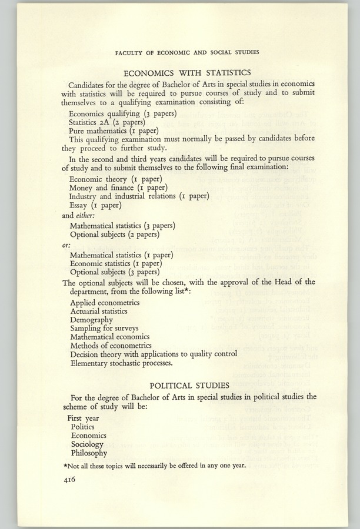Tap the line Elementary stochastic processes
click(x=122, y=363)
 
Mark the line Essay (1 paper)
click(x=95, y=206)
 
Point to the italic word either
click(x=86, y=215)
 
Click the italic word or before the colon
click(x=66, y=245)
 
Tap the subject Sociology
click(x=88, y=444)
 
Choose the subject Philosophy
click(x=89, y=453)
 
